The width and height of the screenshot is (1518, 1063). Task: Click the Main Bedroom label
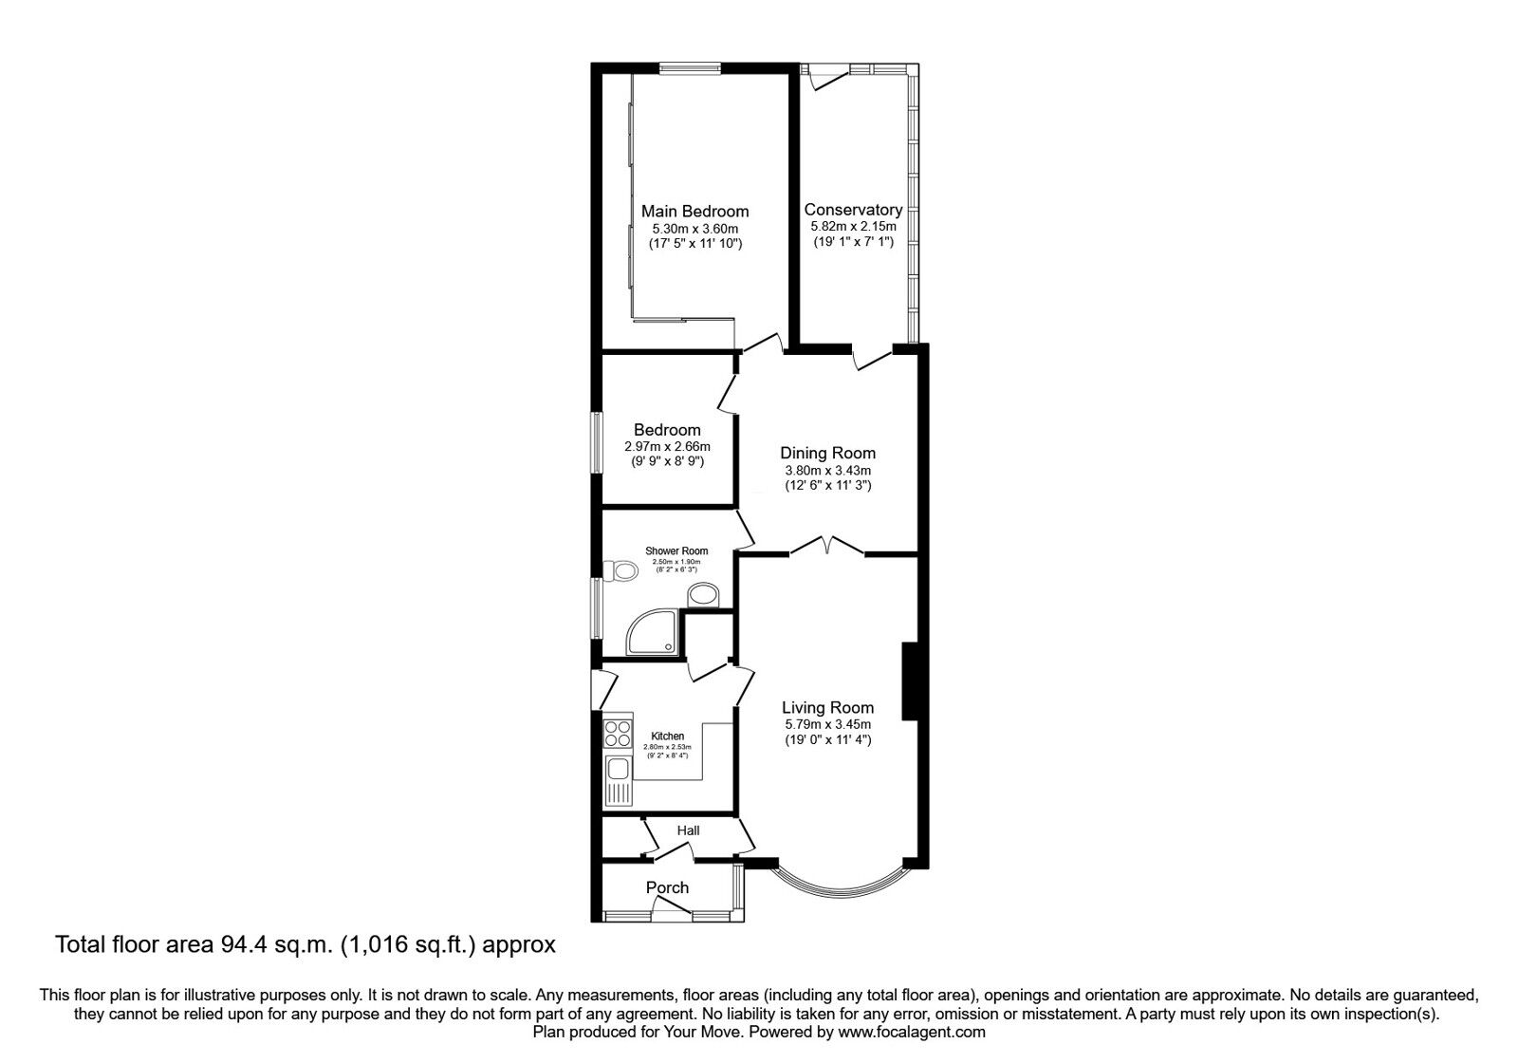(694, 212)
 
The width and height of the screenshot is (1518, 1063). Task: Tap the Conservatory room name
(853, 210)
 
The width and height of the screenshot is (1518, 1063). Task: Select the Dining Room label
(827, 453)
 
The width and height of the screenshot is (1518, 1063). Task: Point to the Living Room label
(827, 707)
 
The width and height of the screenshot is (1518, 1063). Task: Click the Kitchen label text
(667, 737)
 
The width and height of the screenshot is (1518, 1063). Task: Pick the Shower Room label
(676, 551)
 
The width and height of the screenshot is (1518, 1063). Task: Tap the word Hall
(688, 830)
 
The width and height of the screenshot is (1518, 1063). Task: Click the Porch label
(667, 887)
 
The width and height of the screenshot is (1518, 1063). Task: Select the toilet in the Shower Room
(621, 571)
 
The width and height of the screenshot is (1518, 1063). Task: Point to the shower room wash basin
(703, 595)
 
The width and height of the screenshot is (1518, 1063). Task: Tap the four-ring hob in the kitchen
(619, 734)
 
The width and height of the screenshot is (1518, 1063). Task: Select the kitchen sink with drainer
(619, 778)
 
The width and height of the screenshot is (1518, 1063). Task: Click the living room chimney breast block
(908, 681)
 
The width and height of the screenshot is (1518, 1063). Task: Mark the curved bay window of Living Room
(837, 892)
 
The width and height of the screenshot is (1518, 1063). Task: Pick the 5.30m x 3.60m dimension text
(694, 229)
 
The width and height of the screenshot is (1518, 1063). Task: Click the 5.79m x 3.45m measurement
(827, 724)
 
